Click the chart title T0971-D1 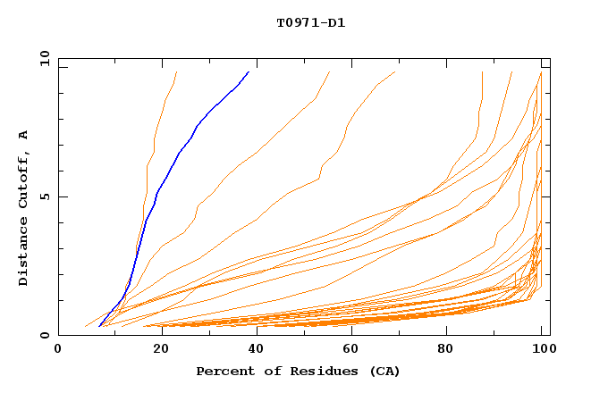(x=310, y=22)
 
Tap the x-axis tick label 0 (x=58, y=349)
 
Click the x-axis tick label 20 (x=155, y=349)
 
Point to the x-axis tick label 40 (x=252, y=349)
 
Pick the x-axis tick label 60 (x=349, y=349)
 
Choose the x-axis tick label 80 (x=445, y=349)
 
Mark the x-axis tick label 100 (x=542, y=349)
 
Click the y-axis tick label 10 (x=43, y=58)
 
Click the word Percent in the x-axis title (x=223, y=371)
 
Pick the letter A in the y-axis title (x=23, y=135)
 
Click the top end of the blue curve (x=249, y=71)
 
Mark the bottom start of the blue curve (x=99, y=326)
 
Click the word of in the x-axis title (x=265, y=371)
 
